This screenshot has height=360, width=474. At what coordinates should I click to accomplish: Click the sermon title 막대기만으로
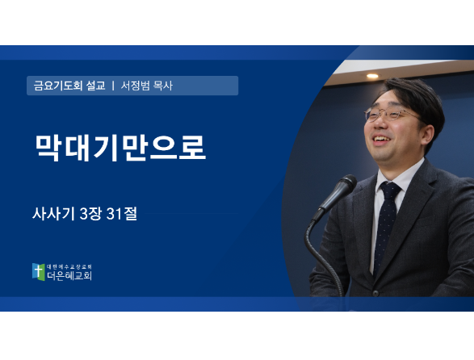point(120,148)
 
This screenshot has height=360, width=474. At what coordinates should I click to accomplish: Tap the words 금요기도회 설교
point(69,86)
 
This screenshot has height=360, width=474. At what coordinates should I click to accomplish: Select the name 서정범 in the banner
point(135,86)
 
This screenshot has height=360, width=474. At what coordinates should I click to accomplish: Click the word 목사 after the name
point(163,86)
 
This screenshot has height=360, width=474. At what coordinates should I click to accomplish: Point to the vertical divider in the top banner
point(113,86)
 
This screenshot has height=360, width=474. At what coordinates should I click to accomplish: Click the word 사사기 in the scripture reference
point(53,214)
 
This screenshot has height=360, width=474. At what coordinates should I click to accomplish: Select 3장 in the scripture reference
point(90,214)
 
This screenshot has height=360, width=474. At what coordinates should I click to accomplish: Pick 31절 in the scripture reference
point(122,214)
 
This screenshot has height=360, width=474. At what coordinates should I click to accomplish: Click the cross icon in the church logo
point(38,271)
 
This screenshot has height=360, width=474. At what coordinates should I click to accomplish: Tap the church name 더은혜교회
point(69,275)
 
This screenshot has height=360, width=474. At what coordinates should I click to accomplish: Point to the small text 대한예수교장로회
point(69,266)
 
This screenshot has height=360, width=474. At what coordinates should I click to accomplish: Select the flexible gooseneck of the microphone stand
point(321,257)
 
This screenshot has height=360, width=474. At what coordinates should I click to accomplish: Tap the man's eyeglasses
point(390,115)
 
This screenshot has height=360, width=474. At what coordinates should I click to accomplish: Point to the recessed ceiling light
point(372,76)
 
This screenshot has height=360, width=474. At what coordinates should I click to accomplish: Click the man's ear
point(428,136)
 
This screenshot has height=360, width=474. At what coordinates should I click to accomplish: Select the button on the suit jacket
point(375,292)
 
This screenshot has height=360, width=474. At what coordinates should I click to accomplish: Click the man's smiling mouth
point(381,140)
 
